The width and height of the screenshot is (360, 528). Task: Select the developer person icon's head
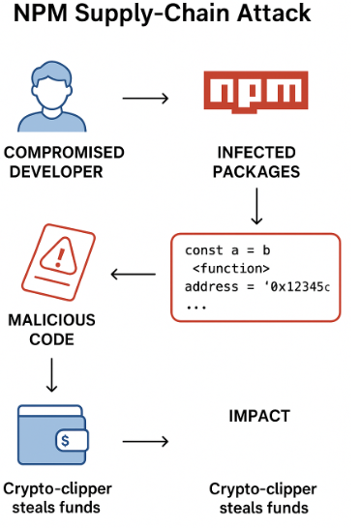click(x=64, y=79)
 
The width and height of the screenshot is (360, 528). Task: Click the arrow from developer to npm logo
click(x=146, y=98)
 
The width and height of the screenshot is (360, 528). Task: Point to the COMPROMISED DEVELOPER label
click(x=64, y=161)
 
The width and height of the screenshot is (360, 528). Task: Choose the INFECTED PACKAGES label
click(x=257, y=161)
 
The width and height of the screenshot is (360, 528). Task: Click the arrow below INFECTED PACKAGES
click(x=256, y=206)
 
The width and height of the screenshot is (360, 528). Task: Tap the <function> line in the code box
click(x=230, y=269)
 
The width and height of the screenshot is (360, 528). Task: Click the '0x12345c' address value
click(x=297, y=286)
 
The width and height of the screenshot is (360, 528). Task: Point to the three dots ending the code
click(x=196, y=305)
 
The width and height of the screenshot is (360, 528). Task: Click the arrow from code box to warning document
click(x=135, y=275)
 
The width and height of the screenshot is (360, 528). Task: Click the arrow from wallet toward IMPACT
click(x=146, y=442)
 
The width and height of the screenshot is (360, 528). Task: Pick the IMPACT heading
click(x=258, y=416)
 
